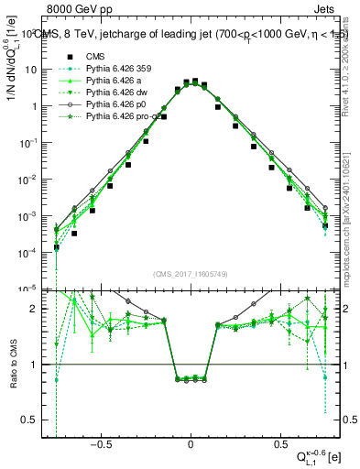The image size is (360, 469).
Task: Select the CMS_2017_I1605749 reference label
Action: coord(191,274)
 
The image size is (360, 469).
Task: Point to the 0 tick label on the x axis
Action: coord(191,442)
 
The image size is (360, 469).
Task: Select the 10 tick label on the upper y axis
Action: coord(31,70)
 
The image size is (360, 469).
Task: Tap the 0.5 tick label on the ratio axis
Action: coord(33,420)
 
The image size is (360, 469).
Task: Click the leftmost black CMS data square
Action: coord(57,247)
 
